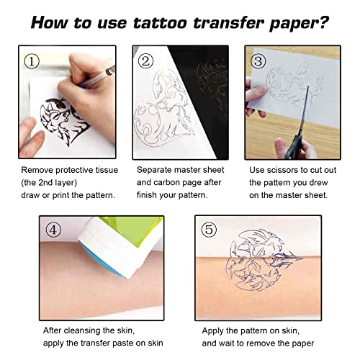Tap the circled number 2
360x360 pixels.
[145, 62]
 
